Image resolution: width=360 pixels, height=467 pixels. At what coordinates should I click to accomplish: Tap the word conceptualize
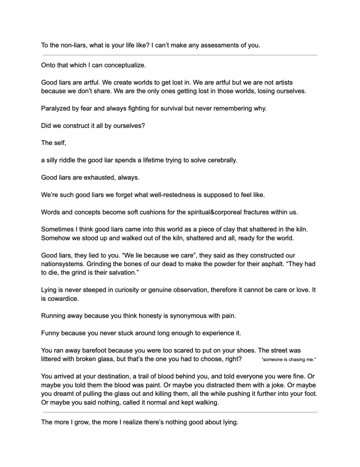124,65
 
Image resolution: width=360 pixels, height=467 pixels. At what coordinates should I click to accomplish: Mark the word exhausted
97,178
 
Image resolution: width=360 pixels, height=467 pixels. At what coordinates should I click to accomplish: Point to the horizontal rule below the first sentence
180,55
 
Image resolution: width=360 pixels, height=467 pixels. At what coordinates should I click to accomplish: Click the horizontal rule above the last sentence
180,412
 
